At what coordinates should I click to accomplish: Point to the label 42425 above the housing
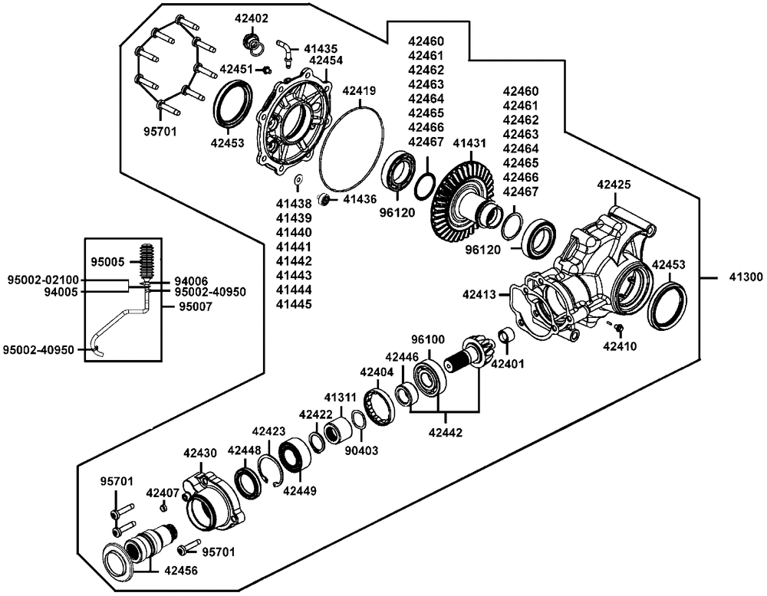[x=614, y=185]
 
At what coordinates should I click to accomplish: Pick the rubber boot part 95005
[x=147, y=262]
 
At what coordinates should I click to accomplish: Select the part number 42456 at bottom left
[x=181, y=571]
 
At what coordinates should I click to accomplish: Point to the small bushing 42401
[x=505, y=336]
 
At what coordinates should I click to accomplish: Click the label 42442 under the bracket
[x=445, y=432]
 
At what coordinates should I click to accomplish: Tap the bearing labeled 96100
[x=430, y=377]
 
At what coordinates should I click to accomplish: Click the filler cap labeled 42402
[x=253, y=42]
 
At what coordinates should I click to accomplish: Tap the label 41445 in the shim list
[x=294, y=304]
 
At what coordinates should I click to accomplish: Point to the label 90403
[x=361, y=450]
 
